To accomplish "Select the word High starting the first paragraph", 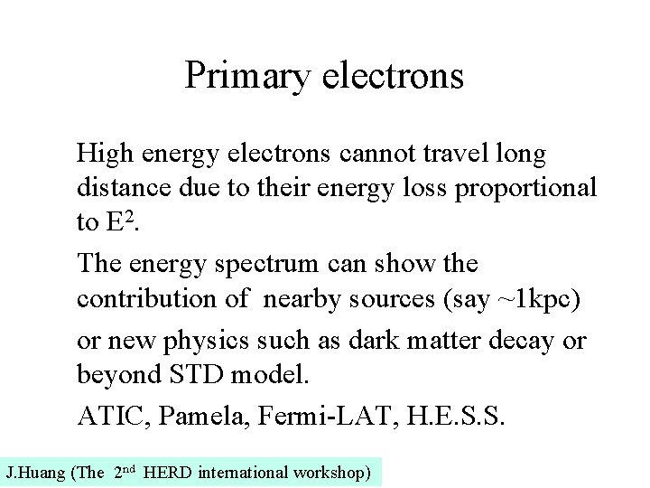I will point(102,155).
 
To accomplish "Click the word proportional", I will point(531,188).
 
